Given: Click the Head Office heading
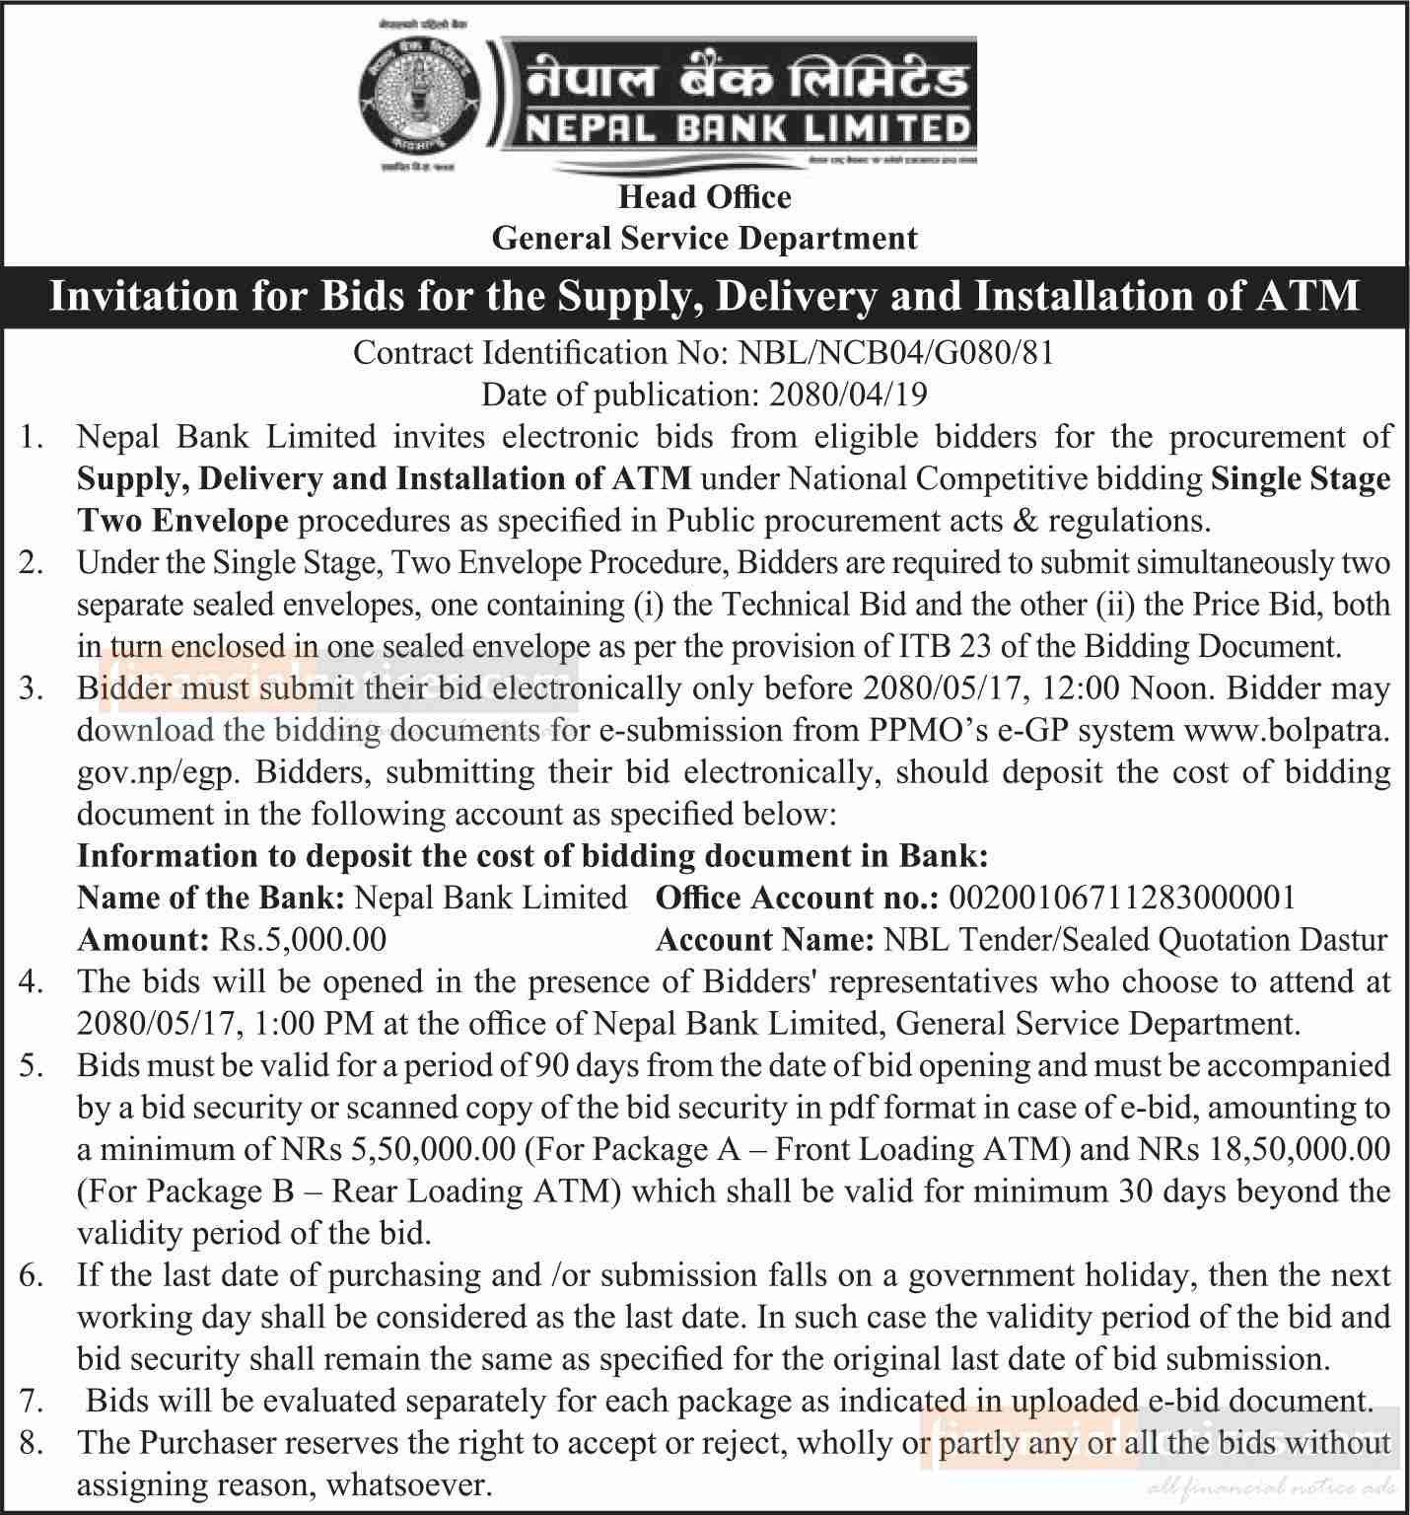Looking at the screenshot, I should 704,197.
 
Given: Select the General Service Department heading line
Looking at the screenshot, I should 704,239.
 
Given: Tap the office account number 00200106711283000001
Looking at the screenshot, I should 1121,898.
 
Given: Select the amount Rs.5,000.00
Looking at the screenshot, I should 302,939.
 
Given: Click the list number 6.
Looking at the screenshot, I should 31,1275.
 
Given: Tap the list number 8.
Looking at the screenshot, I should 31,1443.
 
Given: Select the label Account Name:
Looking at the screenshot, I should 765,939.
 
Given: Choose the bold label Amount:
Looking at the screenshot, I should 143,939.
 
